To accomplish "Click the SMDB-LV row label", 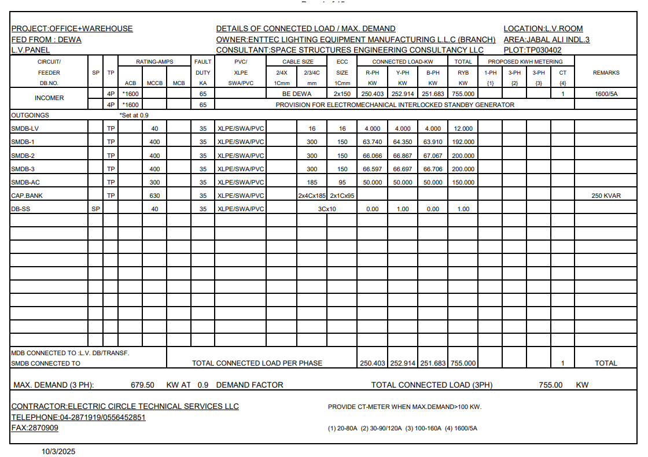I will coord(25,128).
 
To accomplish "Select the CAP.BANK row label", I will coord(27,196).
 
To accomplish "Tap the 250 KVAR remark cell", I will coord(606,196).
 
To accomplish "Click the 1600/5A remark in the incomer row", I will coord(606,94).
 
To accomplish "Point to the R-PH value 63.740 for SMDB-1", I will coord(373,142).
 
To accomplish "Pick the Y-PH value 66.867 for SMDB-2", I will coord(403,156).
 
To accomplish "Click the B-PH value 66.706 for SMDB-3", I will coord(433,169).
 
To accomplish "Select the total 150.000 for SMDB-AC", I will coord(463,182).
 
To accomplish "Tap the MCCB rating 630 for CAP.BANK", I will coord(154,196).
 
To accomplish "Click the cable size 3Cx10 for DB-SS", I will coord(327,209).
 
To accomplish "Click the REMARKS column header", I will coord(606,73).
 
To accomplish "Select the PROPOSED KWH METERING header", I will coord(525,61).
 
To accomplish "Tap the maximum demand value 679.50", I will coord(142,385).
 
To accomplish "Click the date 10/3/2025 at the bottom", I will coord(58,451).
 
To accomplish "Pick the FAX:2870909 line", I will coord(35,427).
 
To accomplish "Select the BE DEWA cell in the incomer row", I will coord(296,94).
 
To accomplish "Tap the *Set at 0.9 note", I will coord(134,115).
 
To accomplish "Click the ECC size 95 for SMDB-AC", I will coord(343,182).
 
